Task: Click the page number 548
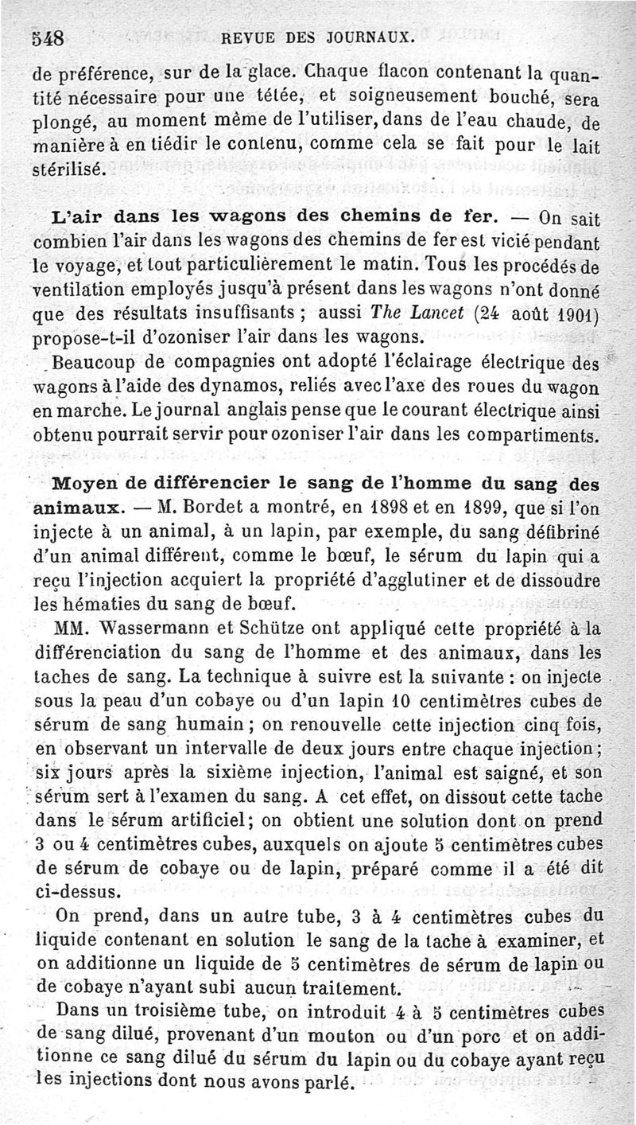[48, 37]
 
